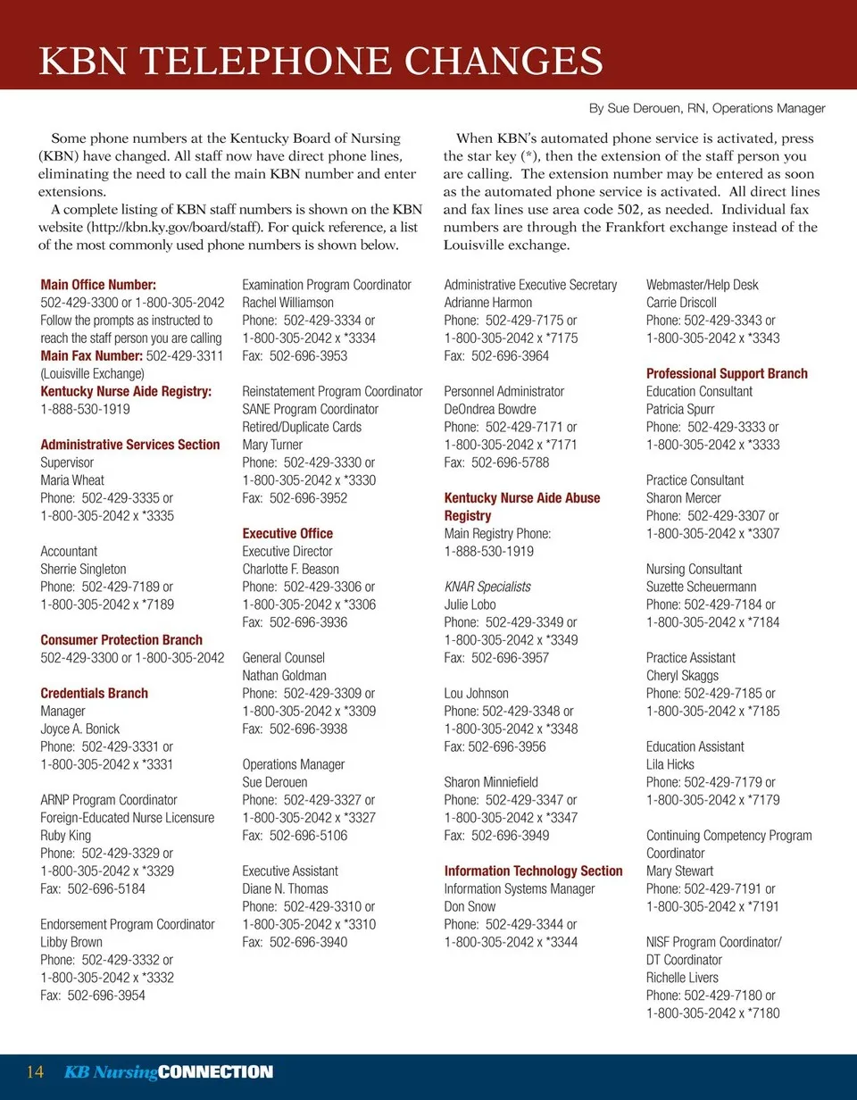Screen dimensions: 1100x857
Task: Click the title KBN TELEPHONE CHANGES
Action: [x=321, y=61]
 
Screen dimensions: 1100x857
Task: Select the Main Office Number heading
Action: [x=98, y=285]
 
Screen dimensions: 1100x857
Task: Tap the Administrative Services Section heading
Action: [x=130, y=445]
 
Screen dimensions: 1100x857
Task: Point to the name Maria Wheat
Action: [x=72, y=480]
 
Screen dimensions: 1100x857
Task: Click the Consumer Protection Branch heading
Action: [x=121, y=640]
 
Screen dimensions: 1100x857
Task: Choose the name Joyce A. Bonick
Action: [x=80, y=729]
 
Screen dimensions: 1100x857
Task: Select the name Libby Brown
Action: [x=71, y=942]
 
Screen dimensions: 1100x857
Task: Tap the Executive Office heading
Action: [x=287, y=534]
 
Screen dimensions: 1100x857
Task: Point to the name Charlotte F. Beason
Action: [x=291, y=569]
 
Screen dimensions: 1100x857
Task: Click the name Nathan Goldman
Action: [x=285, y=676]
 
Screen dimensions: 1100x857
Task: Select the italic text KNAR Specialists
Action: [x=487, y=587]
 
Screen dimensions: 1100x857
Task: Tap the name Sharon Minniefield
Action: [x=491, y=782]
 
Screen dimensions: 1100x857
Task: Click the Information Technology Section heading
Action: [x=533, y=871]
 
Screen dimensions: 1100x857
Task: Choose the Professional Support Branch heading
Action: [x=727, y=373]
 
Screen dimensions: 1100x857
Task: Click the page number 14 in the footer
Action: [x=36, y=1072]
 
